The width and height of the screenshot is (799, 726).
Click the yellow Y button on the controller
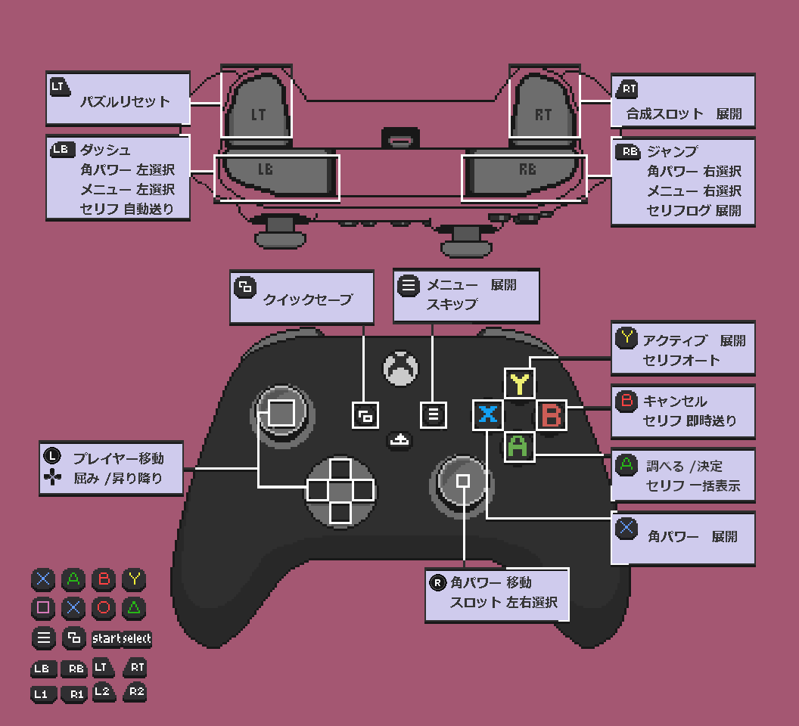[519, 383]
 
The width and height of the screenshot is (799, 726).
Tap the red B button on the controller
[552, 415]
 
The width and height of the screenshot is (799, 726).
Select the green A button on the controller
[519, 447]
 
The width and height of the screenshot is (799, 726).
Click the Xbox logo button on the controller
[401, 368]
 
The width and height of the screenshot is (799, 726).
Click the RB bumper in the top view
[525, 172]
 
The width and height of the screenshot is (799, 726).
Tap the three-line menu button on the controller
[433, 414]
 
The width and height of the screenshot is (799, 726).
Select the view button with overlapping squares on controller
[365, 415]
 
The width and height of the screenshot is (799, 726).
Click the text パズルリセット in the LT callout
[126, 101]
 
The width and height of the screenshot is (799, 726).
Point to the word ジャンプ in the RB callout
[672, 151]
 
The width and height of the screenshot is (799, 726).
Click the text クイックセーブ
[308, 299]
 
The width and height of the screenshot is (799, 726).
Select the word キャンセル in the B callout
[675, 402]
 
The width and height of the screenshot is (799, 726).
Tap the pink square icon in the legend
[43, 607]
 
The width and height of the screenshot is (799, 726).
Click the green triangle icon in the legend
[134, 607]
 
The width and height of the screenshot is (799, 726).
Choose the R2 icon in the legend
[135, 692]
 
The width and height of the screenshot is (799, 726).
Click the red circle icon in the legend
[104, 607]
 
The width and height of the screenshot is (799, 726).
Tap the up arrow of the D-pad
[340, 469]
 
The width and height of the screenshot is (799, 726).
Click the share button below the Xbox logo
[399, 439]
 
